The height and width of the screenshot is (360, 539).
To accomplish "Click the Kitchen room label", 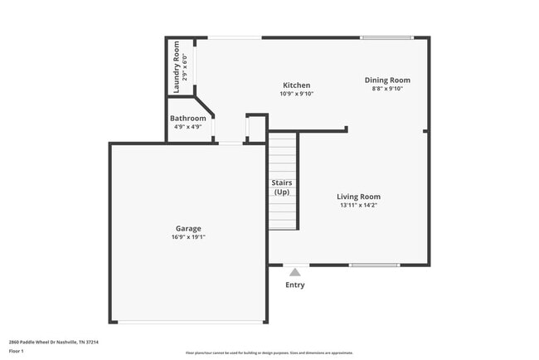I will (x=297, y=85).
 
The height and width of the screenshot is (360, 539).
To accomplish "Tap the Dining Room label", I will (x=387, y=80).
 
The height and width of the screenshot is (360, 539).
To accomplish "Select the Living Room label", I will (x=358, y=197).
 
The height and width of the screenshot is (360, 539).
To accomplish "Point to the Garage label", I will (x=187, y=228).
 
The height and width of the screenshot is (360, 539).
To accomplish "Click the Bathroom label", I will (x=188, y=119).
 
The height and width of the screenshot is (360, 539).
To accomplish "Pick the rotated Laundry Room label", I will (x=177, y=66).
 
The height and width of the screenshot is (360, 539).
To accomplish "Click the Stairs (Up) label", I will (x=282, y=187).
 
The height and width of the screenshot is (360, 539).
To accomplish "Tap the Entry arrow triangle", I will (x=294, y=271).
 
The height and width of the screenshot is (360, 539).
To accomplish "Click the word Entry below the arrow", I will (x=294, y=285).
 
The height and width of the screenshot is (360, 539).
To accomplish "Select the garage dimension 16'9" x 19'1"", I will (x=187, y=237).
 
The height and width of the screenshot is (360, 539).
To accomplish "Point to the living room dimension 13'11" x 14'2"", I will (x=358, y=206).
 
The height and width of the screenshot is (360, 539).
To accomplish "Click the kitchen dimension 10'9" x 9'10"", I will (x=297, y=94).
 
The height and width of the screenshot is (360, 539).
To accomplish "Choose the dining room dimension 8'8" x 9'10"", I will (x=387, y=90).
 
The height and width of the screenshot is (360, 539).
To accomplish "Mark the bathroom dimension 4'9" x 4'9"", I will (x=188, y=128).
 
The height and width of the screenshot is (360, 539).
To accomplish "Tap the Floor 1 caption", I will (x=17, y=351).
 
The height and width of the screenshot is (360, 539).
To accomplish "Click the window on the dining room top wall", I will (x=386, y=37).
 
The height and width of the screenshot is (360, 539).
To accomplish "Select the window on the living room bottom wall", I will (x=374, y=265).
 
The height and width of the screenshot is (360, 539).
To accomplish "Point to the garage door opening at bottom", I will (x=187, y=322).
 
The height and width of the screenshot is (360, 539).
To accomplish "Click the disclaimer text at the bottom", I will (x=269, y=353).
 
